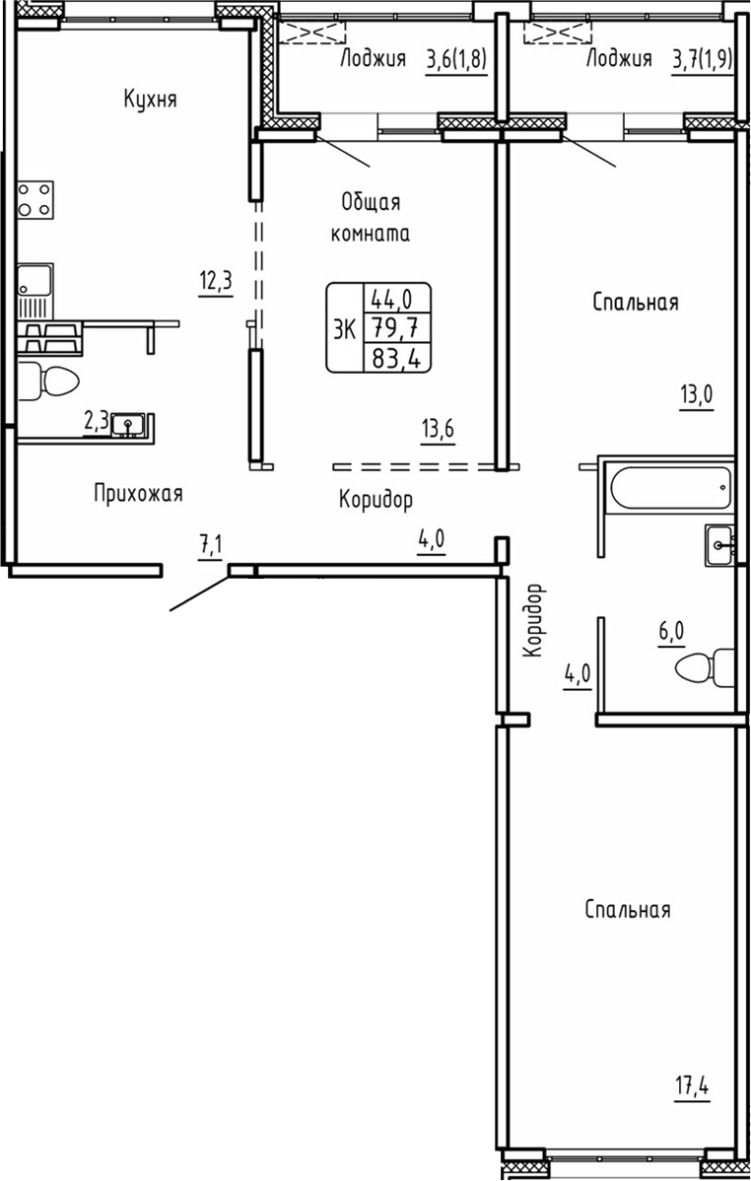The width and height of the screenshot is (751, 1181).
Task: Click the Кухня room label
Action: pos(151,99)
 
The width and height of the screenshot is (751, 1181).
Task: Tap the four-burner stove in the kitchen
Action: pos(34,199)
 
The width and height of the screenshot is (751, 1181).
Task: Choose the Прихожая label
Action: pos(138,493)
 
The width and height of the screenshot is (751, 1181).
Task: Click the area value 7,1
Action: pos(211,544)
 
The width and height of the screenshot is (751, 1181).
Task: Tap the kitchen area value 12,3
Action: pos(214,282)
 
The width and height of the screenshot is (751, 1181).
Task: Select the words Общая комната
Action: pos(371,218)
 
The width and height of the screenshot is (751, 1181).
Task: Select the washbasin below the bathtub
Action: pos(719,544)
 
